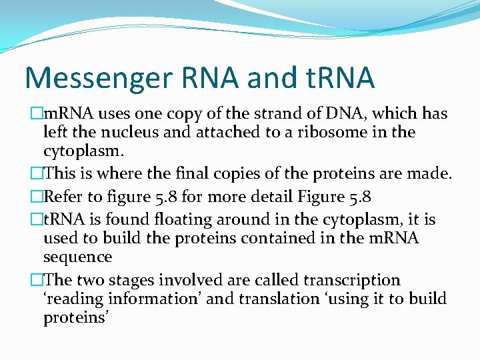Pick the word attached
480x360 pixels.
click(x=226, y=132)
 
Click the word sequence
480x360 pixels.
click(x=77, y=257)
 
